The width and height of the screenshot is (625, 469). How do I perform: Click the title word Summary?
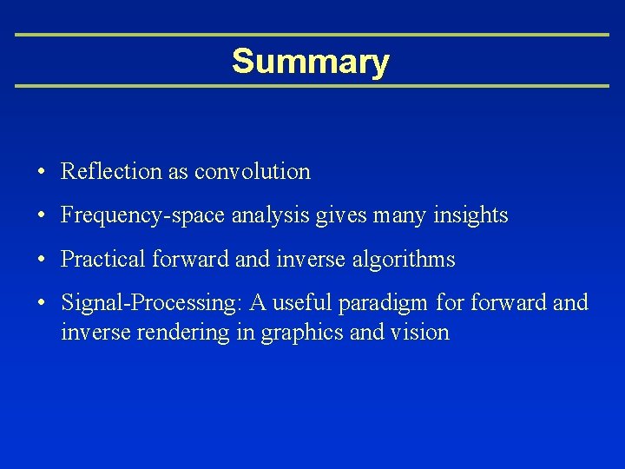(311, 63)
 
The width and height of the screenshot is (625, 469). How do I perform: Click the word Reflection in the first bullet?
(111, 172)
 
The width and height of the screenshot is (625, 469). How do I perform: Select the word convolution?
(252, 172)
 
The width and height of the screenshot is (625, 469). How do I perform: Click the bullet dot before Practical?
(42, 260)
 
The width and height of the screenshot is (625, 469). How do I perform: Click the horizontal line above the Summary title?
(312, 35)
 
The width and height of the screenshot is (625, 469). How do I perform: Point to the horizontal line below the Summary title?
(312, 86)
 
